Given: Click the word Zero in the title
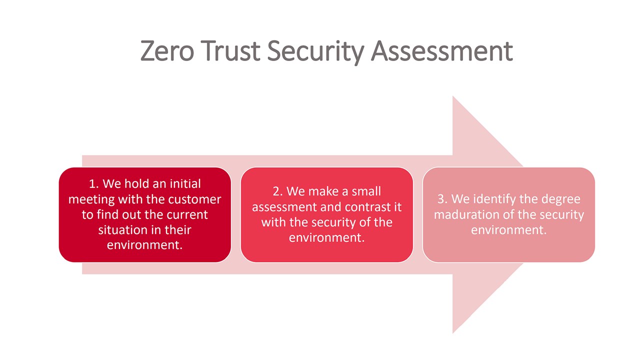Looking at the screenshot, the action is click(x=167, y=51).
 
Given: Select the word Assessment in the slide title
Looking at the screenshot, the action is click(x=441, y=51).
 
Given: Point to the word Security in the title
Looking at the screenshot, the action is click(x=315, y=52).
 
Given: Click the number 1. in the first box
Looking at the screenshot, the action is click(x=93, y=183).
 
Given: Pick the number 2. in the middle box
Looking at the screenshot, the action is click(x=277, y=191).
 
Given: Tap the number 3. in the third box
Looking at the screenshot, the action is click(x=442, y=199).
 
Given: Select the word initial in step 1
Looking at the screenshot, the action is click(x=185, y=183).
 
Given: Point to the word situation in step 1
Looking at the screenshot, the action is click(x=122, y=230).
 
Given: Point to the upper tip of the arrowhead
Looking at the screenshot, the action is click(x=453, y=96).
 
